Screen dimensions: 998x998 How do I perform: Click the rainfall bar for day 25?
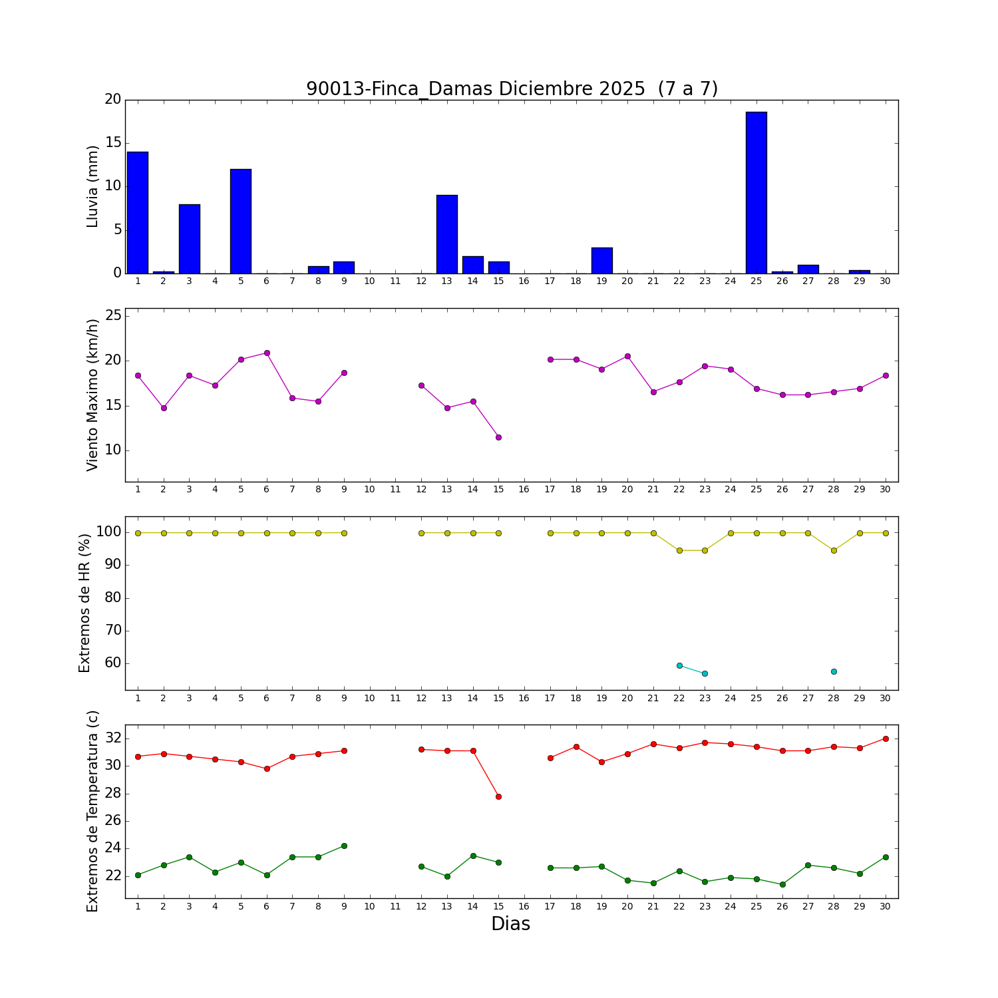pos(756,193)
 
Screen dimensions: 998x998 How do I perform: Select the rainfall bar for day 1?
pos(138,213)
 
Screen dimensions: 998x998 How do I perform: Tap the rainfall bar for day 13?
pos(447,234)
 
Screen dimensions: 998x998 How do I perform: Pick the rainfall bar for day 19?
pos(601,260)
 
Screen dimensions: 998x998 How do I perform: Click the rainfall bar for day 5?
pos(241,221)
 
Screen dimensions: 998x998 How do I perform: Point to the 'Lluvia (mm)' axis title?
pos(93,186)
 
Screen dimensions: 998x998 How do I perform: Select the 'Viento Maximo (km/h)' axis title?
pos(93,395)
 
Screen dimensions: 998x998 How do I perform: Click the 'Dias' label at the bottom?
pos(510,924)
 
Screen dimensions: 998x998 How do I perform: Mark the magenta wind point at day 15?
pos(498,437)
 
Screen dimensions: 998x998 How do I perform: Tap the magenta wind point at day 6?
pos(267,353)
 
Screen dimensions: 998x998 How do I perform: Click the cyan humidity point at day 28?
pos(834,671)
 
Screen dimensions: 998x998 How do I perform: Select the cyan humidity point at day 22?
pos(679,665)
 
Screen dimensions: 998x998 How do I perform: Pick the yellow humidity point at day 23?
pos(705,550)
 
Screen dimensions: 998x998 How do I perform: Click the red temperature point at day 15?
pos(498,796)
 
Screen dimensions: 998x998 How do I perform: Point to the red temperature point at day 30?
pos(886,739)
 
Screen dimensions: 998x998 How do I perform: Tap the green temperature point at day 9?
pos(344,846)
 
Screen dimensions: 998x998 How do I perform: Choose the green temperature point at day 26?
pos(782,884)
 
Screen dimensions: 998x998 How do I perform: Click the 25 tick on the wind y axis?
pos(113,315)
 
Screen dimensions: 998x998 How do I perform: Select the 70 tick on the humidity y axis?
pos(113,631)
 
